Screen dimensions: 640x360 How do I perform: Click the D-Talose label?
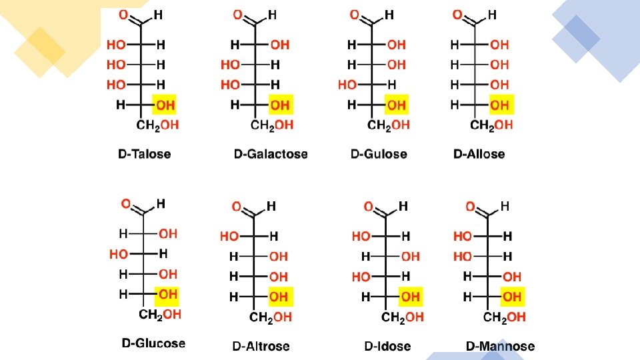tap(144, 154)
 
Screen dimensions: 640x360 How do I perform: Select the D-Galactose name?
tap(271, 154)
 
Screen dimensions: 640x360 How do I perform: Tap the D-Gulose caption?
tap(378, 154)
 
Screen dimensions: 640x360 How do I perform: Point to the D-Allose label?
tap(479, 154)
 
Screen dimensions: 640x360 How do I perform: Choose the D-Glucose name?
tap(153, 343)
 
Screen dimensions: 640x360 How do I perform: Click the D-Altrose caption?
tap(261, 346)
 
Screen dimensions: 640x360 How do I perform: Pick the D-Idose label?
tap(387, 346)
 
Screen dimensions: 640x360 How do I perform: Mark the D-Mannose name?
tap(500, 346)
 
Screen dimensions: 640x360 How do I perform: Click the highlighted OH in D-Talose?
tap(165, 105)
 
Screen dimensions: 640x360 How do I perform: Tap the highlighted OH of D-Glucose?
tap(167, 293)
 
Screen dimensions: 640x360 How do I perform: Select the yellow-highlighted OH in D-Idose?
tap(411, 296)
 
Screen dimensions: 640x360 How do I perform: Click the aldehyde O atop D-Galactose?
tap(238, 15)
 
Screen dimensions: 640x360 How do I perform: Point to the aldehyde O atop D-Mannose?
tap(471, 207)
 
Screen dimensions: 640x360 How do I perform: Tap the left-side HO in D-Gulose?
tap(347, 85)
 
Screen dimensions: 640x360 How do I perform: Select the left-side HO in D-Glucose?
tap(119, 254)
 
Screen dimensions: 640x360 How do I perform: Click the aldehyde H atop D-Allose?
tap(492, 14)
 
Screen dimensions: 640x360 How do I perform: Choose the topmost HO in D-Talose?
tap(116, 45)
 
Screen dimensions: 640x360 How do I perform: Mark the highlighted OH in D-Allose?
tap(499, 105)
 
